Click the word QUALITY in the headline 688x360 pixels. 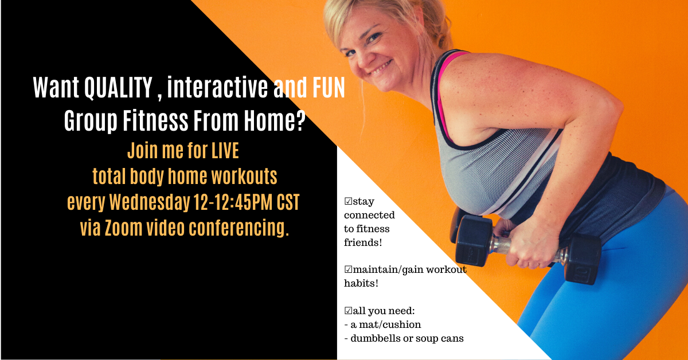(118, 88)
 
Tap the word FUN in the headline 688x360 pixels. (329, 88)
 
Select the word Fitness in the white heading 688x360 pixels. (155, 120)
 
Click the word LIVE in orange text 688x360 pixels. (225, 151)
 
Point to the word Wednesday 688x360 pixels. (150, 202)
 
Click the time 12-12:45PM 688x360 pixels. (233, 202)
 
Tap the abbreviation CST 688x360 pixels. (288, 202)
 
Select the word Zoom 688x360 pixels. (123, 228)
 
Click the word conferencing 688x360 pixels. (239, 229)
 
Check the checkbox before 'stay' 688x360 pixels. (349, 201)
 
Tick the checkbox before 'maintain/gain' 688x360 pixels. (349, 269)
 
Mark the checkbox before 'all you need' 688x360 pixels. (349, 311)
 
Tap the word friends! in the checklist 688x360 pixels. (363, 242)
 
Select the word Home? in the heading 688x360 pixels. (275, 120)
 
